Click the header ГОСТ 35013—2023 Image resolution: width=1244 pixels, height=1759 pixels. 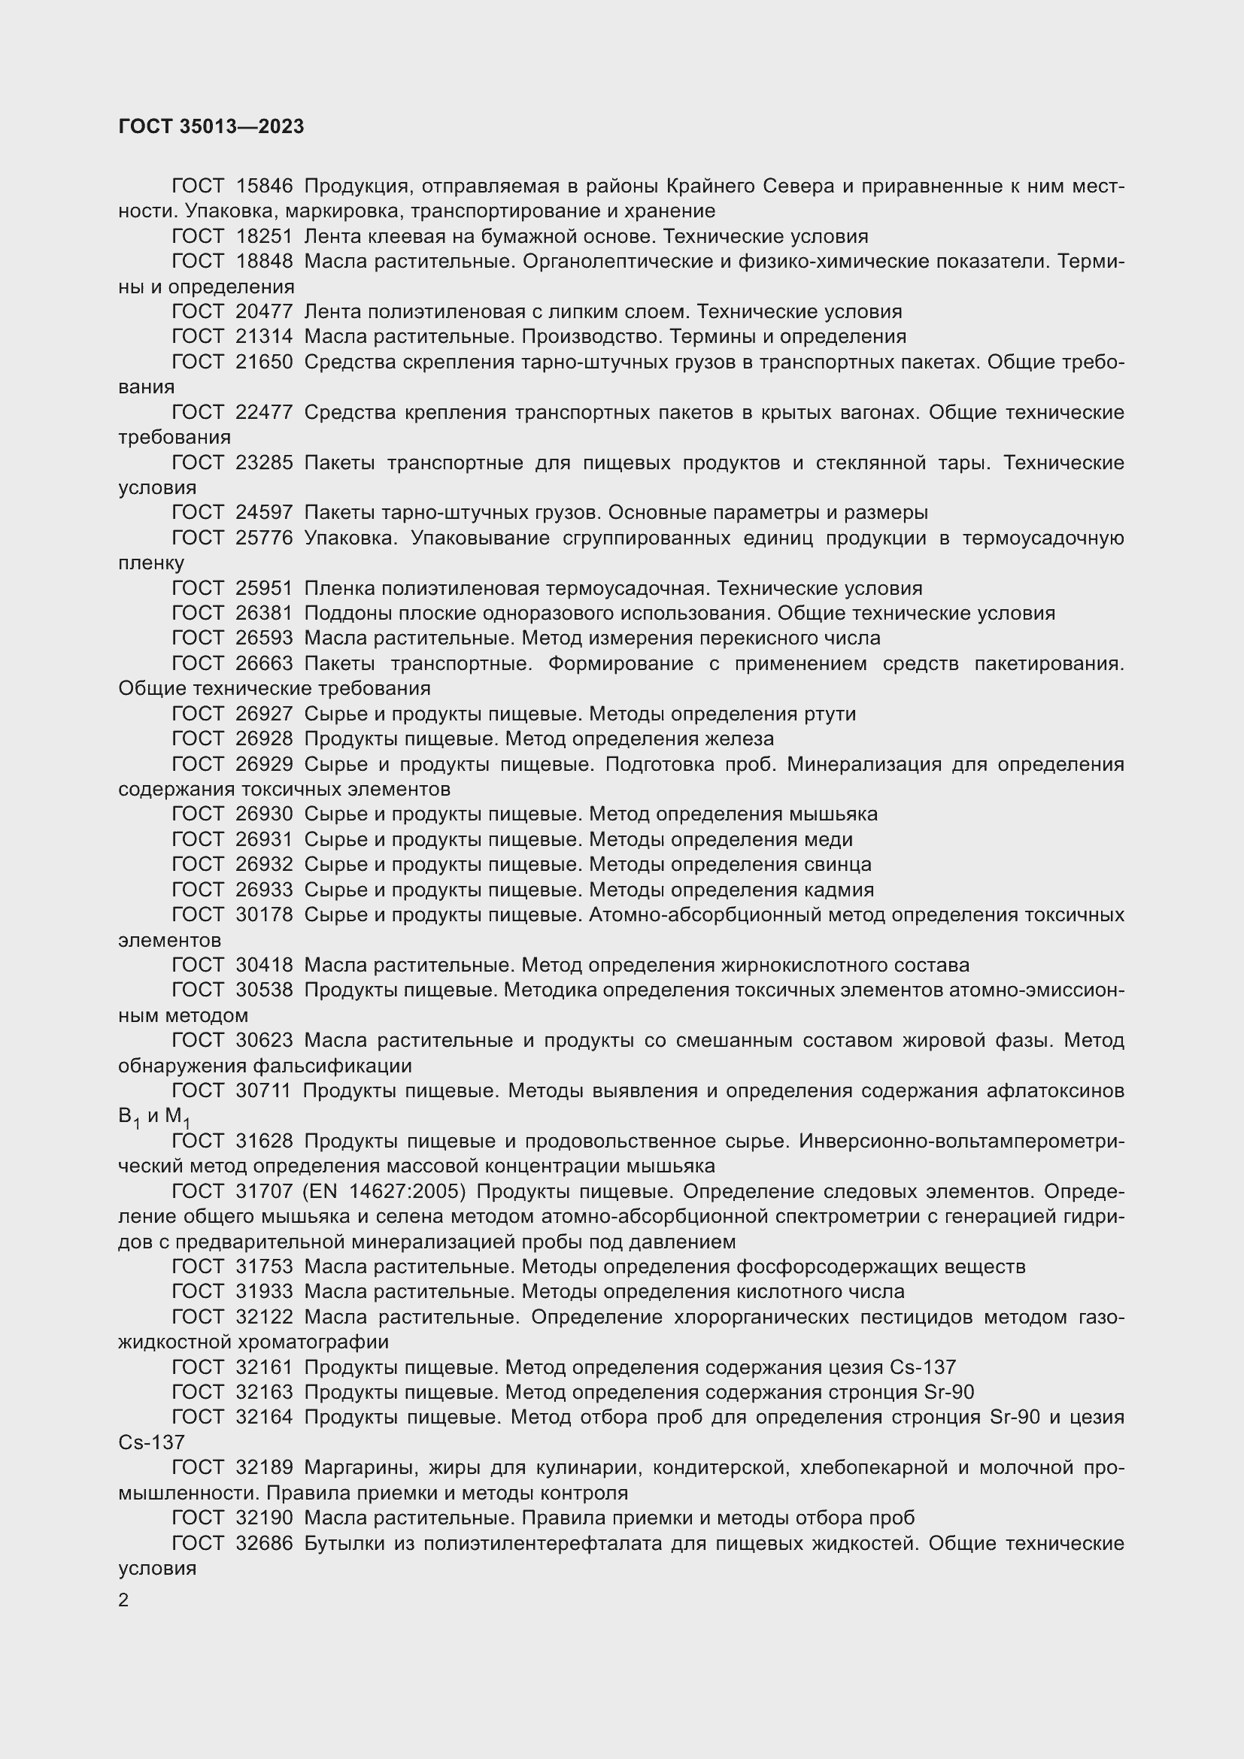(x=211, y=126)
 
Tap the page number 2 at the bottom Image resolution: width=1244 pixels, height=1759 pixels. (x=123, y=1600)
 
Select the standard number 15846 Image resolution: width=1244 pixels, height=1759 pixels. (x=264, y=187)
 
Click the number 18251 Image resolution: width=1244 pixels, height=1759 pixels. (x=264, y=237)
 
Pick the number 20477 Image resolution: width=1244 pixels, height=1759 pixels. (x=264, y=312)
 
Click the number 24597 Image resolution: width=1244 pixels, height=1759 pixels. (x=264, y=513)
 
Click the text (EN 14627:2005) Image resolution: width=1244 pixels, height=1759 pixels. (x=385, y=1192)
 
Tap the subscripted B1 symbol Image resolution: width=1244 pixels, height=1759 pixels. (x=128, y=1118)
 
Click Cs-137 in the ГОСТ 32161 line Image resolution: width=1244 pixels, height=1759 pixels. (x=922, y=1367)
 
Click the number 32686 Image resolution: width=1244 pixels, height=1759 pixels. (x=264, y=1543)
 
